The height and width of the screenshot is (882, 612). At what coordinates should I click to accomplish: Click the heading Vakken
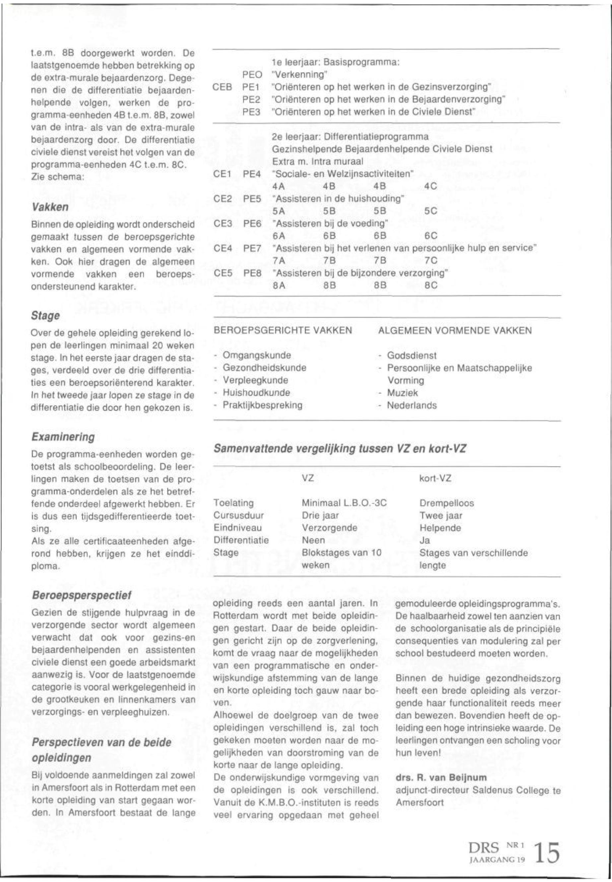click(50, 207)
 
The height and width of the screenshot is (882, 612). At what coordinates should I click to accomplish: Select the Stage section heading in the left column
click(46, 316)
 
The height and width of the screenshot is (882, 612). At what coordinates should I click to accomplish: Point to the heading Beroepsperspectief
click(82, 595)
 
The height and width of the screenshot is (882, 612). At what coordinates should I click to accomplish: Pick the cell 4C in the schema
click(431, 187)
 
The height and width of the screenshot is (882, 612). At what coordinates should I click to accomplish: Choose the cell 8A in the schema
click(279, 285)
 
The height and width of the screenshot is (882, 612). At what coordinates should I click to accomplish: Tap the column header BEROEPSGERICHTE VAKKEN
click(283, 330)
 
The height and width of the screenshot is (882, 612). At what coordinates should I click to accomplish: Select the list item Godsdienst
click(411, 355)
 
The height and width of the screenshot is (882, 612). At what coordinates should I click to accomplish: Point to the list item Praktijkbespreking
click(263, 405)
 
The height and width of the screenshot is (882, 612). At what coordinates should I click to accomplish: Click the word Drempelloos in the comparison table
click(446, 503)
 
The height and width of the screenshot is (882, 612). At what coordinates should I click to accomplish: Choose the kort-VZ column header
click(436, 478)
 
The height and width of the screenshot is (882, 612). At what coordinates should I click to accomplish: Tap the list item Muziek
click(402, 393)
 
